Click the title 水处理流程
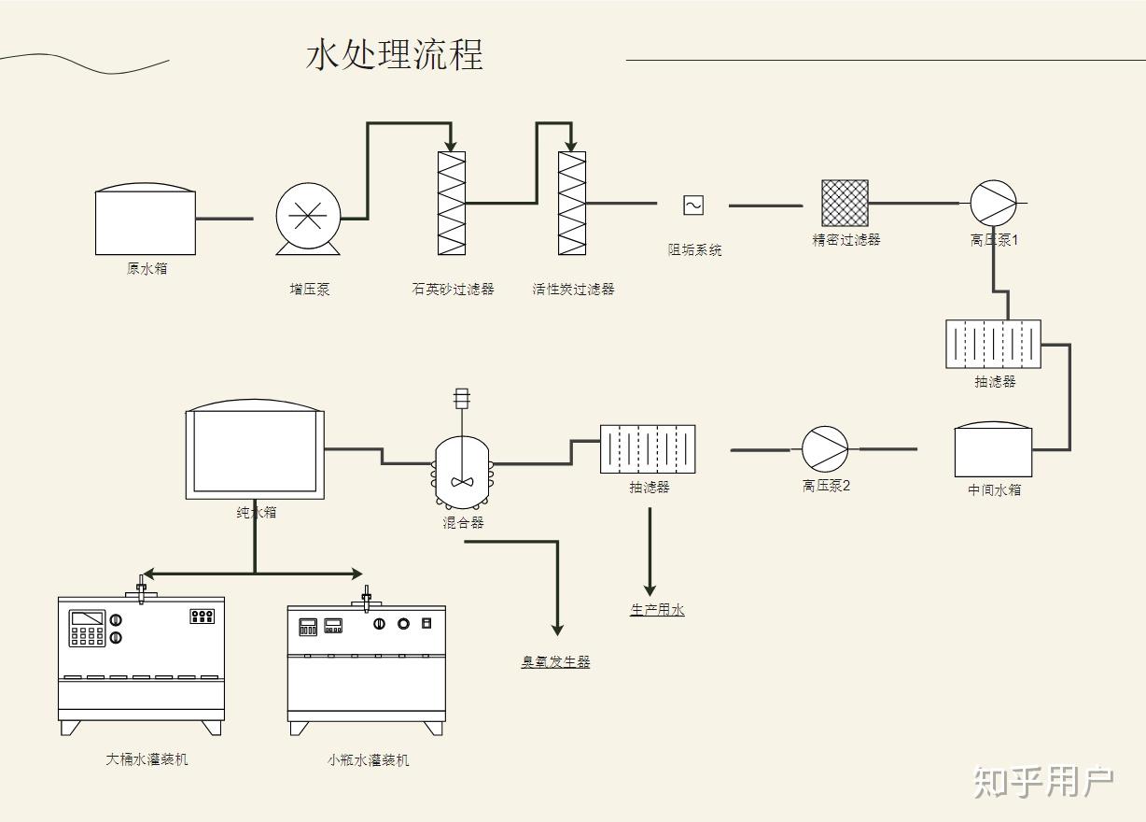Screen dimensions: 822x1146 point(394,54)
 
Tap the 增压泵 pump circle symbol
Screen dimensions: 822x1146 point(307,217)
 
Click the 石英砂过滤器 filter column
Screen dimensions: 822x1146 point(452,203)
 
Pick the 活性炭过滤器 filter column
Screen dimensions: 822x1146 point(572,203)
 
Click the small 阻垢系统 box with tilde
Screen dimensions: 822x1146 point(693,205)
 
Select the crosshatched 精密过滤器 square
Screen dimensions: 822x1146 point(845,203)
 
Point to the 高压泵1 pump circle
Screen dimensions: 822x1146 point(993,203)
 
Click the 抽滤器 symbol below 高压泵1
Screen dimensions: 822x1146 point(993,344)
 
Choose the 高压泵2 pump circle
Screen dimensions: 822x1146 point(825,449)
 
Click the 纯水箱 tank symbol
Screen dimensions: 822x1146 point(255,452)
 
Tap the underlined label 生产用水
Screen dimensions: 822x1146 point(657,610)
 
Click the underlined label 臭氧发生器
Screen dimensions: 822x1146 point(555,662)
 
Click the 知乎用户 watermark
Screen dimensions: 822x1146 point(1043,782)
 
